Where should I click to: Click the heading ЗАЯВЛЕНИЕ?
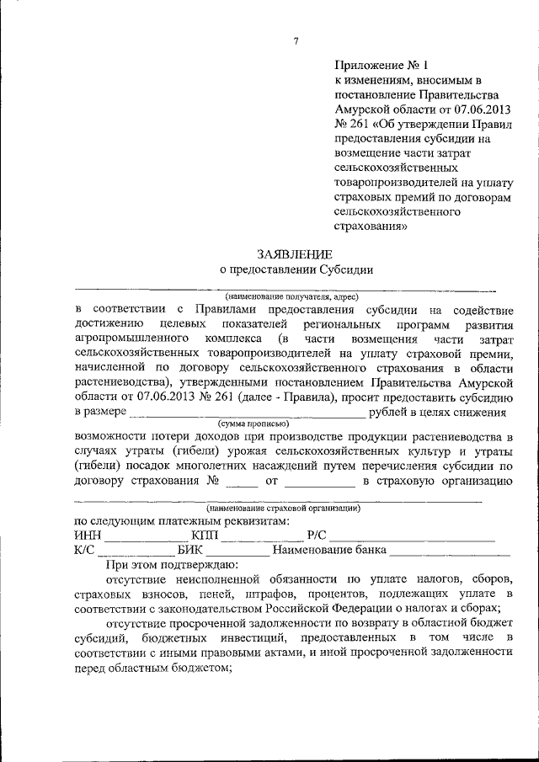pos(294,253)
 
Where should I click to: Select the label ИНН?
pos(88,536)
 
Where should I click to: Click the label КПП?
pos(204,536)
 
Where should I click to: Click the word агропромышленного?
pos(130,338)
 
